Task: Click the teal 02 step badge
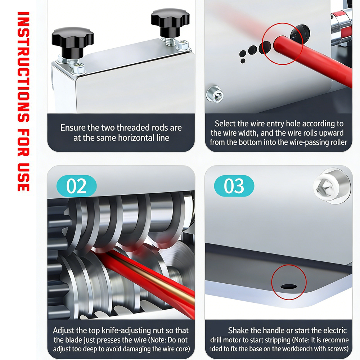pos(76,186)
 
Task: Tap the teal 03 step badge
pos(234,186)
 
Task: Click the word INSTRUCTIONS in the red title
pos(23,67)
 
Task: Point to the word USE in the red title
pos(23,177)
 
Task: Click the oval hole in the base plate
pos(289,287)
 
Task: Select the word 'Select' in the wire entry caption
pos(225,123)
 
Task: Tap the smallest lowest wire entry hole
pos(243,61)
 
